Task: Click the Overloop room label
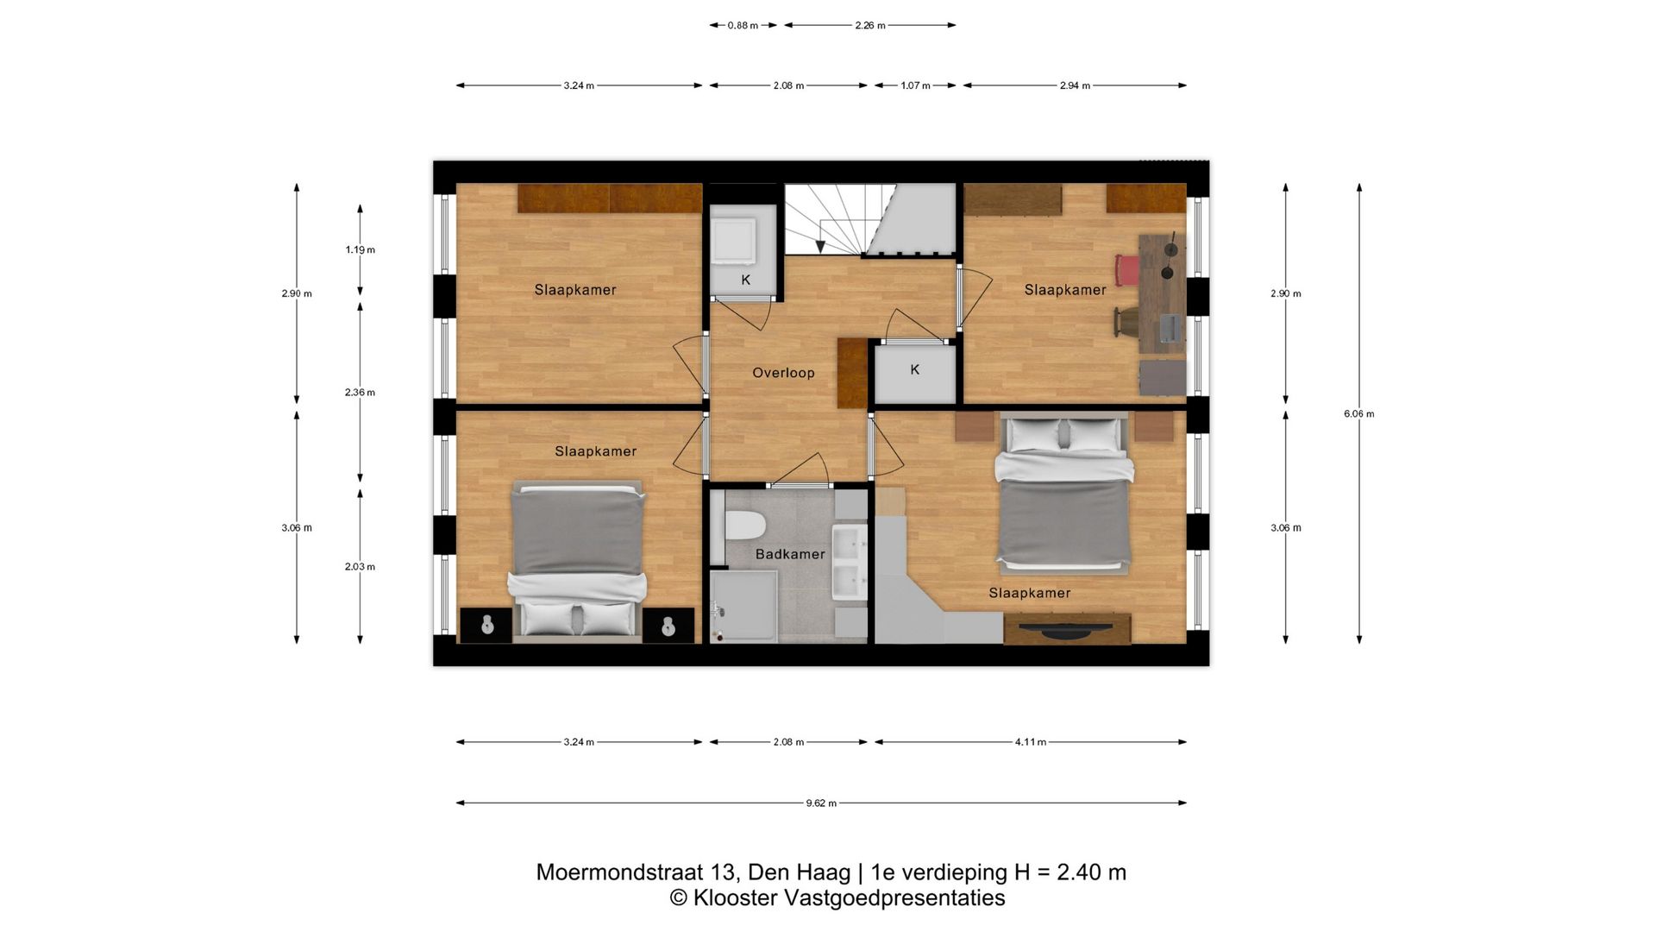[x=783, y=373]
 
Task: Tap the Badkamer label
[x=790, y=554]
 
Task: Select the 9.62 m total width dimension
[x=821, y=803]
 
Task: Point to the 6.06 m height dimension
[x=1359, y=413]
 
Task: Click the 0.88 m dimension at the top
[x=743, y=26]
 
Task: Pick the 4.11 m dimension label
[x=1031, y=742]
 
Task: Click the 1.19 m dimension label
[x=361, y=250]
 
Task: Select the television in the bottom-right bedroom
[x=1067, y=630]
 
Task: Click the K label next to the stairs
[x=746, y=280]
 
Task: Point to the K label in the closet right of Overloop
[x=915, y=369]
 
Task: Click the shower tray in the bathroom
[x=743, y=608]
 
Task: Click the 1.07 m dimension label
[x=915, y=86]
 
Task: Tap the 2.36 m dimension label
[x=361, y=393]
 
